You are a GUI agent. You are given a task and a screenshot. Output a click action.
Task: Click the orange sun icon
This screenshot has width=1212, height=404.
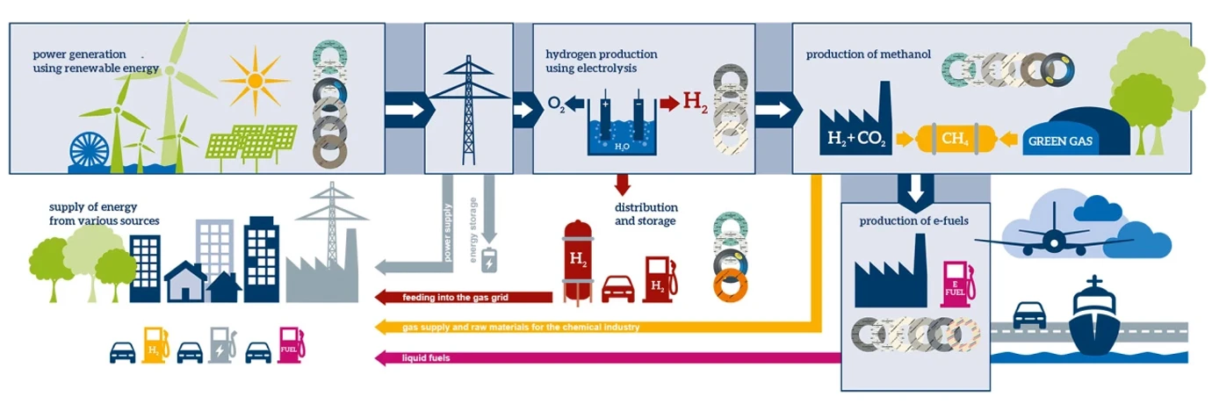pos(255,82)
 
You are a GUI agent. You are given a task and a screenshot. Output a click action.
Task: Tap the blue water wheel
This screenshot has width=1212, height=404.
pos(90,151)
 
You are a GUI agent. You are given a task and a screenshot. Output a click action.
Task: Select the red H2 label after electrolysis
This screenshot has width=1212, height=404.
pos(696,103)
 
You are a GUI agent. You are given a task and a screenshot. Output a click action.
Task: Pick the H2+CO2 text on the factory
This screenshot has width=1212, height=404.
pos(854,138)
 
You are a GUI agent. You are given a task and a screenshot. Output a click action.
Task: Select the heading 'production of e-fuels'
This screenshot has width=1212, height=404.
pos(913,220)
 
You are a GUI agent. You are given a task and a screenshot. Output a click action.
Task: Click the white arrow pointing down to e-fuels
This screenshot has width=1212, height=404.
pos(915,186)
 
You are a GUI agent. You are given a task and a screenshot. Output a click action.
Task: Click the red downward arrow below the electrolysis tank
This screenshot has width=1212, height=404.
pos(622,184)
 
